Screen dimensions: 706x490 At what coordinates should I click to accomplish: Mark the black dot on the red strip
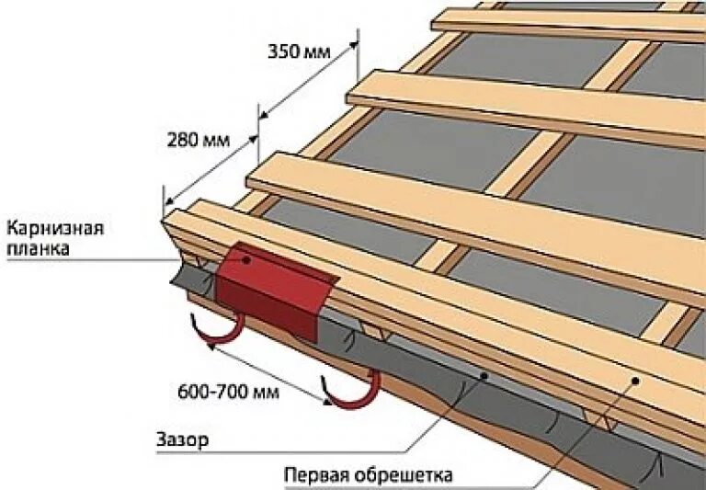point(246,260)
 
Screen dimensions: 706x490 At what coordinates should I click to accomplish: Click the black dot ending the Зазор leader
point(486,376)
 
